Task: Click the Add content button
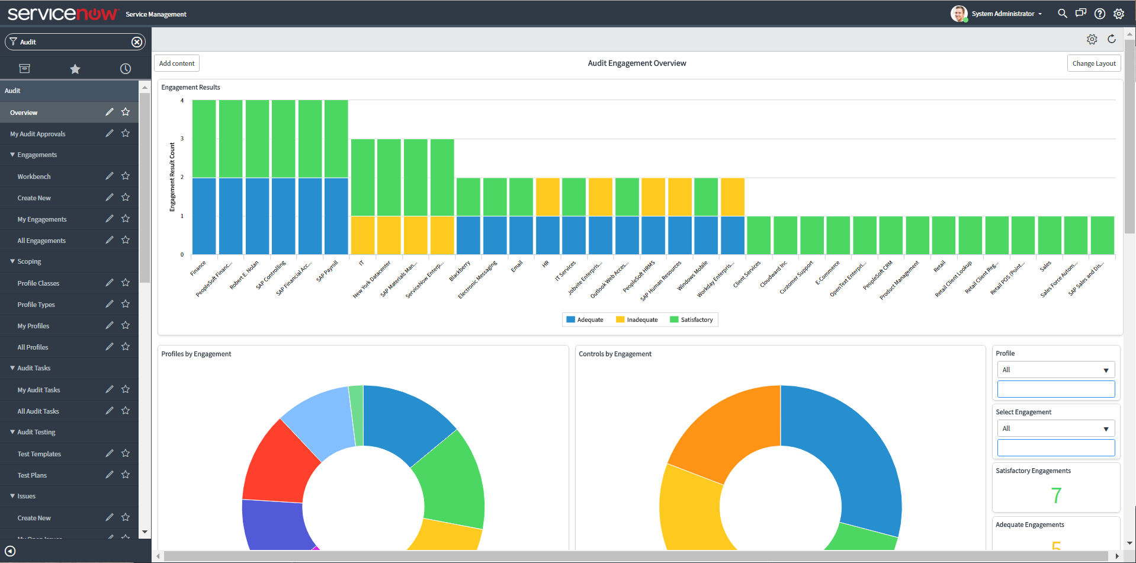click(x=177, y=63)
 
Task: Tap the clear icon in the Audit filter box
click(x=137, y=42)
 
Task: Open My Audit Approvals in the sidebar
click(x=38, y=134)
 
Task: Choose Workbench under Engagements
click(x=34, y=177)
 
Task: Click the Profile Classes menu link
click(x=38, y=283)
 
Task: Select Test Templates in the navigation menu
click(x=39, y=454)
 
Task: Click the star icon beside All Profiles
click(x=126, y=347)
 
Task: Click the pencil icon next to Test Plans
click(x=110, y=475)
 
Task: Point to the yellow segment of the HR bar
click(x=547, y=197)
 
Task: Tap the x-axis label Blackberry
click(x=460, y=271)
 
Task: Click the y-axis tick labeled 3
click(x=182, y=139)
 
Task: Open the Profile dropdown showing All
click(x=1055, y=370)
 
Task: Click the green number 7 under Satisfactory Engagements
click(x=1055, y=495)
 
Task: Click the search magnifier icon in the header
click(x=1062, y=14)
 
